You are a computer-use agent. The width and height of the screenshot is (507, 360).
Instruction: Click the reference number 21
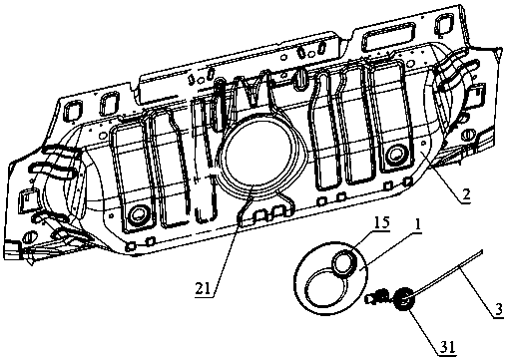pyautogui.click(x=204, y=288)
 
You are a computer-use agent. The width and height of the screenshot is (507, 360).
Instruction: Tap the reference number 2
pyautogui.click(x=466, y=194)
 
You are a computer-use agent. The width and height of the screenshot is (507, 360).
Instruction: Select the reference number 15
pyautogui.click(x=381, y=222)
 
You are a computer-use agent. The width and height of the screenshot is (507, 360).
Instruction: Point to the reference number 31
pyautogui.click(x=447, y=347)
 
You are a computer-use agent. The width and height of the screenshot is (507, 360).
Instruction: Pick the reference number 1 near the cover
pyautogui.click(x=417, y=226)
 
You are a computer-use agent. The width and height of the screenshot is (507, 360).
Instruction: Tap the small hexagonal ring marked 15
pyautogui.click(x=344, y=262)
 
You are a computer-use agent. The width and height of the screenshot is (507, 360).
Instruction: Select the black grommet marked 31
pyautogui.click(x=404, y=299)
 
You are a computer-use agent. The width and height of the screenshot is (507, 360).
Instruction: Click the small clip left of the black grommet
pyautogui.click(x=376, y=297)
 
